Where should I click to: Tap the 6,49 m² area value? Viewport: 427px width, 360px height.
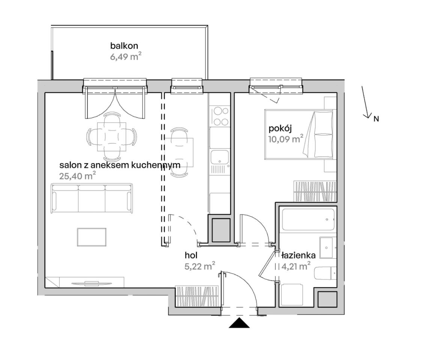pyautogui.click(x=126, y=57)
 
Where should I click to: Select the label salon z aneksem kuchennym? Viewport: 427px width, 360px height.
pyautogui.click(x=120, y=165)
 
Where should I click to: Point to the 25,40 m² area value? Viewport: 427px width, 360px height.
pyautogui.click(x=77, y=176)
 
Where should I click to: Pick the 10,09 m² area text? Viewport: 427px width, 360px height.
pyautogui.click(x=286, y=139)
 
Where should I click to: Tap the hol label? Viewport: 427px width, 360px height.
pyautogui.click(x=191, y=255)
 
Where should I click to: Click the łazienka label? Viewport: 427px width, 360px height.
pyautogui.click(x=298, y=255)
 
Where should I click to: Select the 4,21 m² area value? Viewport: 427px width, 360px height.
pyautogui.click(x=296, y=266)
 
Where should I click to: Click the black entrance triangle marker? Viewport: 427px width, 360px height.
pyautogui.click(x=239, y=323)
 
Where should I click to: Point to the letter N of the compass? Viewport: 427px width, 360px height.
pyautogui.click(x=376, y=119)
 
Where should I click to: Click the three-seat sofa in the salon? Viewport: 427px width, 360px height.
pyautogui.click(x=92, y=198)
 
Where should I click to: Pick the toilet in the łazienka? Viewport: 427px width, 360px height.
pyautogui.click(x=325, y=273)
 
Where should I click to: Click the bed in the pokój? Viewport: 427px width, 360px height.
pyautogui.click(x=299, y=134)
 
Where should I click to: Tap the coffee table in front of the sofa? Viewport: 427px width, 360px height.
pyautogui.click(x=92, y=237)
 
